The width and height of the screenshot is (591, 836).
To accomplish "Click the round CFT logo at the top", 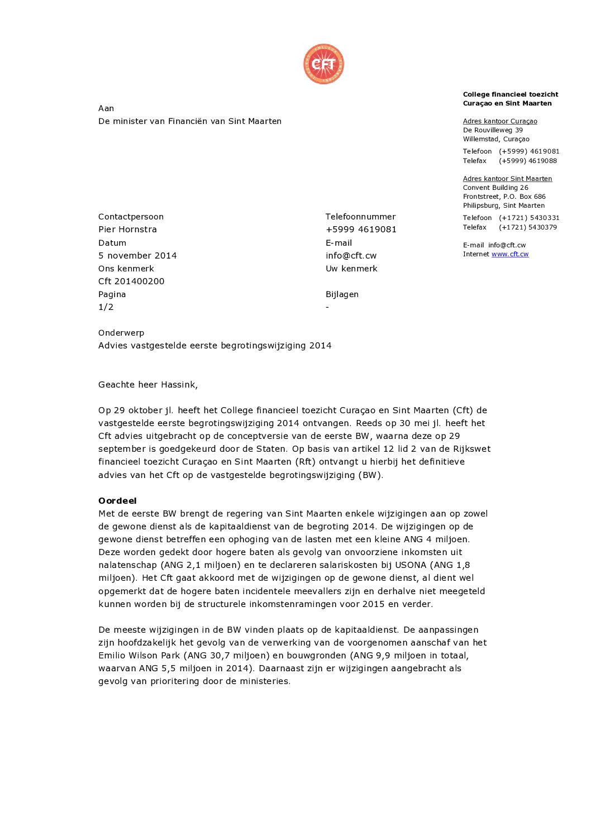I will pyautogui.click(x=323, y=64).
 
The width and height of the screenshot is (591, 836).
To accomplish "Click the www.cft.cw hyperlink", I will pyautogui.click(x=509, y=254).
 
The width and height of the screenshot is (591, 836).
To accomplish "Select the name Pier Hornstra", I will pyautogui.click(x=127, y=230).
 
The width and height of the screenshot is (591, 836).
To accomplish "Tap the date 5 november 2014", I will pyautogui.click(x=137, y=256).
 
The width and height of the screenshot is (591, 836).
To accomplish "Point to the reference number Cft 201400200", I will pyautogui.click(x=131, y=281).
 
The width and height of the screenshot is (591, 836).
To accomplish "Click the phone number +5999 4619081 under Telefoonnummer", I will pyautogui.click(x=361, y=230).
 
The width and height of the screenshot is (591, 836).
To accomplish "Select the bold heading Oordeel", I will pyautogui.click(x=117, y=501).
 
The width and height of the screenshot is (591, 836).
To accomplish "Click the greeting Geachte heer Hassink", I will pyautogui.click(x=147, y=385).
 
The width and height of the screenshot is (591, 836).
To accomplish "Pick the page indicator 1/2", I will pyautogui.click(x=106, y=307).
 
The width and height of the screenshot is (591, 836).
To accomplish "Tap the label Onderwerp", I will pyautogui.click(x=121, y=333).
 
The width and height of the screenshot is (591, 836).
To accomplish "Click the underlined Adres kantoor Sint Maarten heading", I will pyautogui.click(x=507, y=179).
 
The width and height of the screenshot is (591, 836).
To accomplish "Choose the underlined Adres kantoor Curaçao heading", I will pyautogui.click(x=500, y=121).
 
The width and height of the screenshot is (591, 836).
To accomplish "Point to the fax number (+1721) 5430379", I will pyautogui.click(x=528, y=227).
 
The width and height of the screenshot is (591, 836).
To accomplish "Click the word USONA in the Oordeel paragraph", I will pyautogui.click(x=411, y=565).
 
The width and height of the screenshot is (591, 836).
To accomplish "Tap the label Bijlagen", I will pyautogui.click(x=342, y=294).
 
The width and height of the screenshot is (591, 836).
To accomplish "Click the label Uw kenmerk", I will pyautogui.click(x=351, y=269).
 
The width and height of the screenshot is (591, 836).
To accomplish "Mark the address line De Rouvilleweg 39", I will pyautogui.click(x=493, y=130).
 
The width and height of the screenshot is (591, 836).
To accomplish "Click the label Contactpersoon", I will pyautogui.click(x=131, y=217).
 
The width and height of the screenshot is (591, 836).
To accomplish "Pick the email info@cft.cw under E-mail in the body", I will pyautogui.click(x=351, y=256).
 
